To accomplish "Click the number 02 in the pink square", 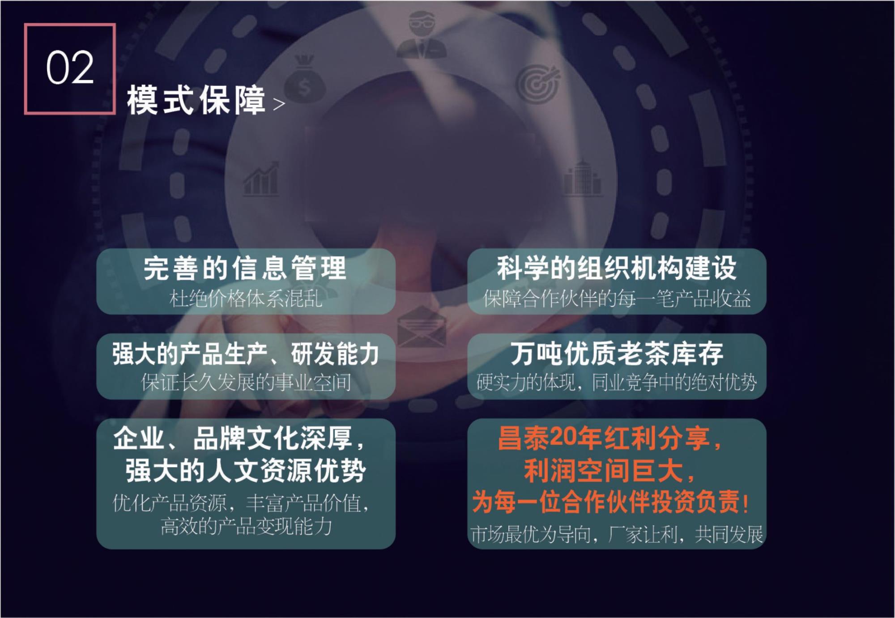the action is (70, 68).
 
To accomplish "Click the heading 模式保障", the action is (196, 100).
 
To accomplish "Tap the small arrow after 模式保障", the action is (279, 104).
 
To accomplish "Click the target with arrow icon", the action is (537, 81).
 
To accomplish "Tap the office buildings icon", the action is (581, 177).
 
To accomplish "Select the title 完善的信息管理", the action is (245, 268).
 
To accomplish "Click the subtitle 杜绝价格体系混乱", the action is (246, 298).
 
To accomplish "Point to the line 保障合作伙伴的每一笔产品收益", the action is (617, 298).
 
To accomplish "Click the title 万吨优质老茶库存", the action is (617, 354).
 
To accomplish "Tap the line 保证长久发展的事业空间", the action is (246, 383).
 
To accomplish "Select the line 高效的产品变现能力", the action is (246, 526).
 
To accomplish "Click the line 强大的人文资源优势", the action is (246, 471).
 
